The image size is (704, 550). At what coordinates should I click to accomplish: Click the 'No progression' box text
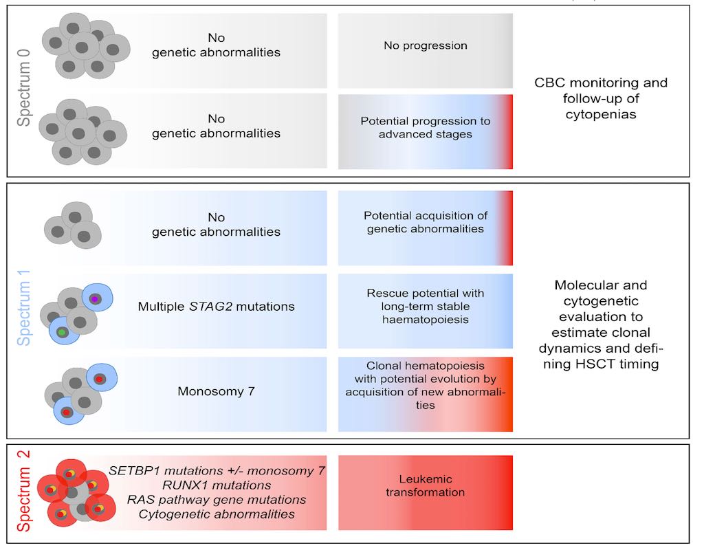425,46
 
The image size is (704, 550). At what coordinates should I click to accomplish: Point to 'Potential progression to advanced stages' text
425,128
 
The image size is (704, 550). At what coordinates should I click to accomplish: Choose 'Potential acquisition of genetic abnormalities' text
425,222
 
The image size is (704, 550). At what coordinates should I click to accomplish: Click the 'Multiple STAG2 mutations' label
217,307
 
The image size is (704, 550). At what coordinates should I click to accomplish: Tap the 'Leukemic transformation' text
425,485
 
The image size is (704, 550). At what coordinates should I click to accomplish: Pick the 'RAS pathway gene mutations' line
217,500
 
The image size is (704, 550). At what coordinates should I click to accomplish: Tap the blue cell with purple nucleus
97,299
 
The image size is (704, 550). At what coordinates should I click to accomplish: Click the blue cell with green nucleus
63,331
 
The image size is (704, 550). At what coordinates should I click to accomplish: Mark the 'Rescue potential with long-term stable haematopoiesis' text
425,307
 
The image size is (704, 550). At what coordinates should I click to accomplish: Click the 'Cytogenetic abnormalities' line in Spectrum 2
217,514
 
